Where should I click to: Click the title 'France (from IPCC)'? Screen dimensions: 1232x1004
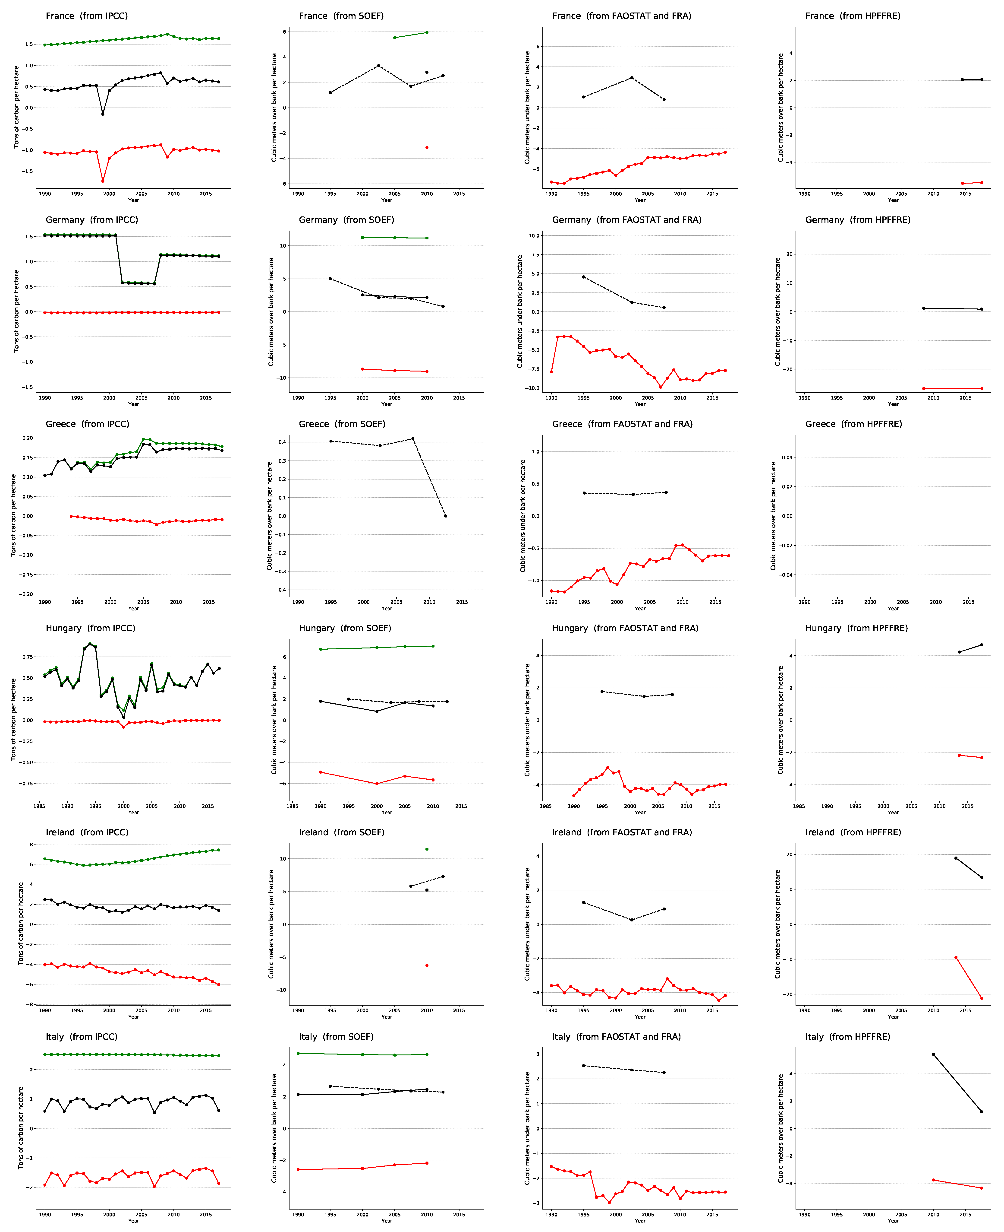[87, 16]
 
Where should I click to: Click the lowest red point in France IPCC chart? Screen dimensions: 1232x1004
[103, 181]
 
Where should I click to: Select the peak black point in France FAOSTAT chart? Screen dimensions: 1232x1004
[632, 78]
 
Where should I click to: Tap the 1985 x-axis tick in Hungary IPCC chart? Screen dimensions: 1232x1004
[39, 806]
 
